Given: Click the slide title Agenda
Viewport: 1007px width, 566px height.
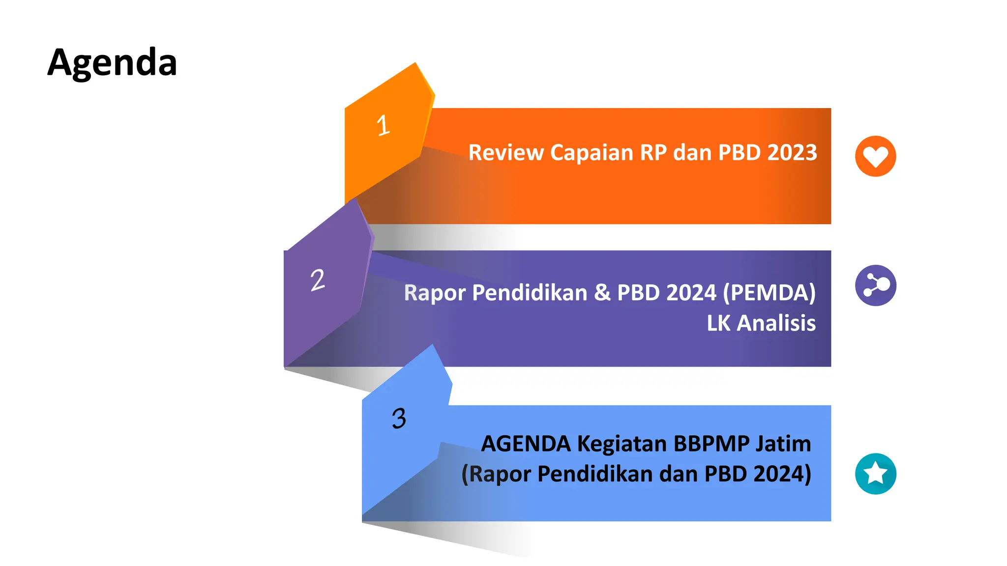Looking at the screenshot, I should pyautogui.click(x=112, y=63).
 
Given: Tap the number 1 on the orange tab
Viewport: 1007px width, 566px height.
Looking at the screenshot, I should pyautogui.click(x=383, y=125).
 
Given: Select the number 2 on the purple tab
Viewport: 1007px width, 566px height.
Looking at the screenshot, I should pyautogui.click(x=318, y=280).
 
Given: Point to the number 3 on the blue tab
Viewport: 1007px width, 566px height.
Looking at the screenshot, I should pyautogui.click(x=399, y=419).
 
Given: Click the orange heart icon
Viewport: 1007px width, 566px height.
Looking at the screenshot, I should pyautogui.click(x=875, y=156).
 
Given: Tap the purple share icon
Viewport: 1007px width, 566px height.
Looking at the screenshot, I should pyautogui.click(x=875, y=285).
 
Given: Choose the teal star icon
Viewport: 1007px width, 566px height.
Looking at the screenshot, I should pyautogui.click(x=875, y=474).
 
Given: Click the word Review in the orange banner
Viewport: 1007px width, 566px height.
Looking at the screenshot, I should pyautogui.click(x=505, y=152).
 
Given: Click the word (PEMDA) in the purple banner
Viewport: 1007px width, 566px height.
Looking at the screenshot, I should pyautogui.click(x=769, y=293).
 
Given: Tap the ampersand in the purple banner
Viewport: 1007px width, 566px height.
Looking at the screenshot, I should pyautogui.click(x=602, y=292).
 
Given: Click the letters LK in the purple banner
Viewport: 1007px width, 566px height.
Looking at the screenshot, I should pyautogui.click(x=718, y=323).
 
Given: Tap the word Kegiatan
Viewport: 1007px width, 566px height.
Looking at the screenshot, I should pyautogui.click(x=622, y=444).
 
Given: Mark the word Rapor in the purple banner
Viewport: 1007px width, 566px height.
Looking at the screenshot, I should pyautogui.click(x=435, y=293).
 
